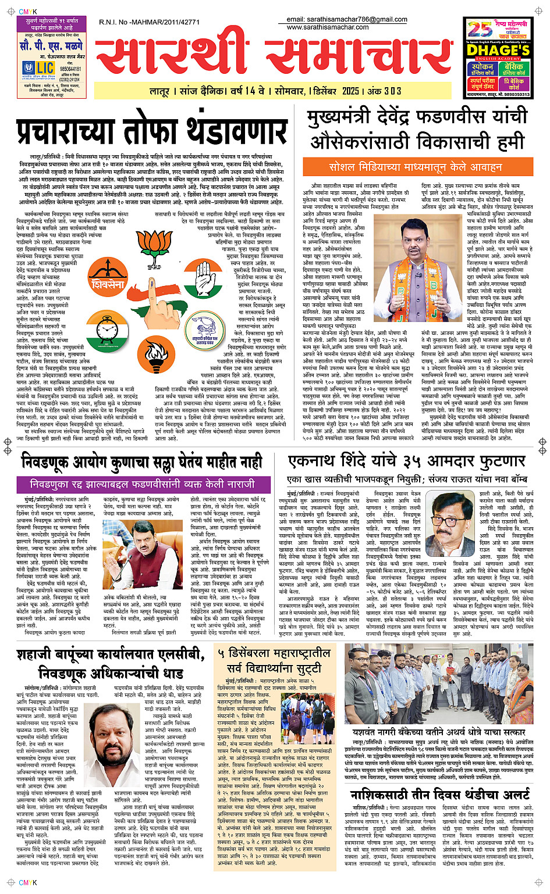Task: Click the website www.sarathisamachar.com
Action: [328, 27]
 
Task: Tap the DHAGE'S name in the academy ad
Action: [498, 50]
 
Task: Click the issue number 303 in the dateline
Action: [392, 91]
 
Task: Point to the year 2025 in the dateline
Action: [350, 91]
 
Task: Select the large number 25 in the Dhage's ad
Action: [480, 28]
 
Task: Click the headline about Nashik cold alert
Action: [439, 794]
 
